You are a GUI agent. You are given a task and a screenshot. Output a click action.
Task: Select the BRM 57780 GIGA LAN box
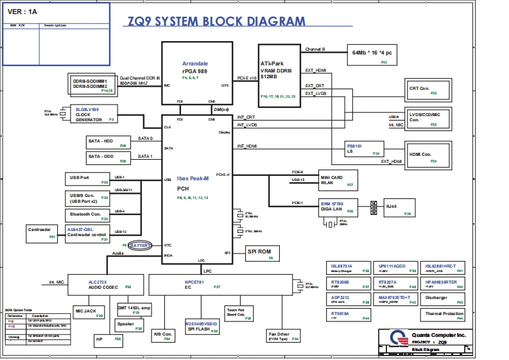[338, 207]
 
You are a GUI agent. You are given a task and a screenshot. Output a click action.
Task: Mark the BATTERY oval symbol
[141, 245]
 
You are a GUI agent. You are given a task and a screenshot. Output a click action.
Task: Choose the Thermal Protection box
[443, 314]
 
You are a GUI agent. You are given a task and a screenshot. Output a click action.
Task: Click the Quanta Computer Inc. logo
[398, 338]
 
